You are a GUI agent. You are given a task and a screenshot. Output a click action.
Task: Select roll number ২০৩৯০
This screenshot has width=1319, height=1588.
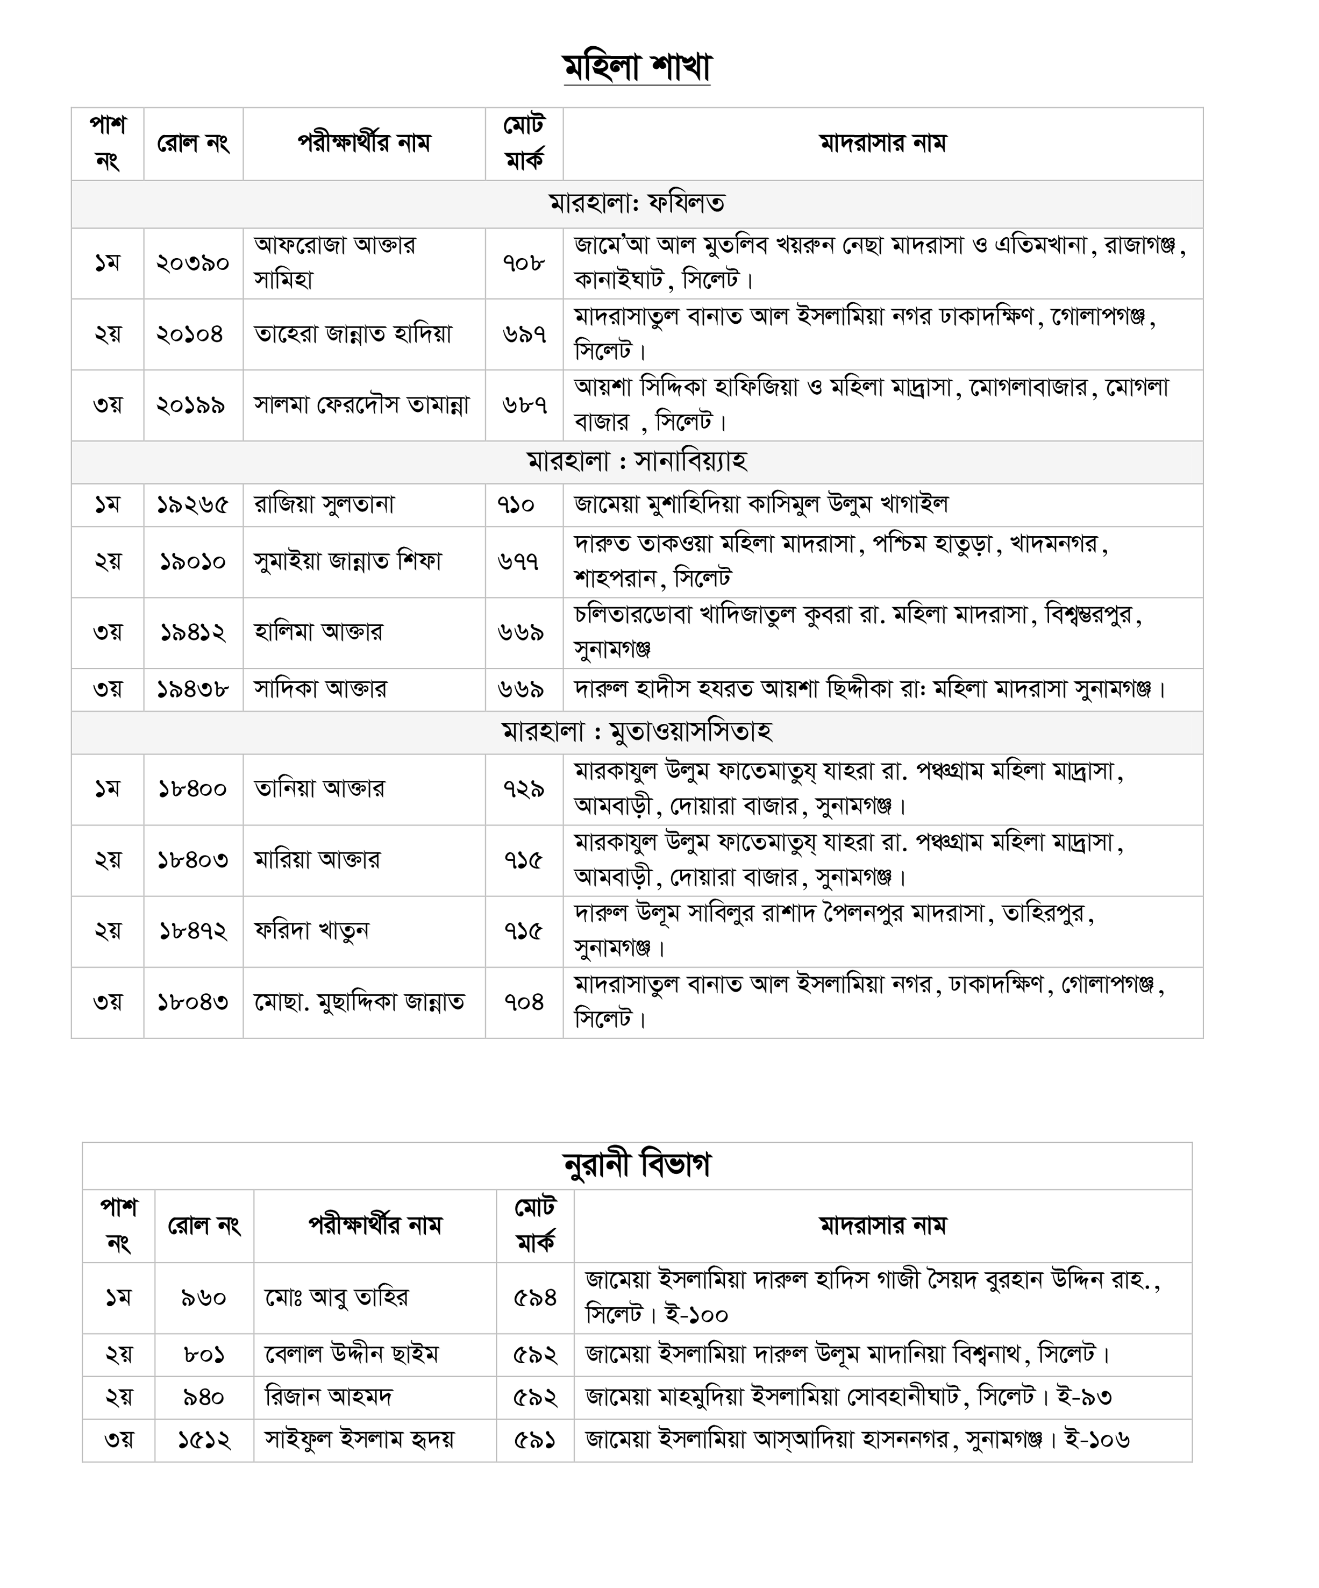click(x=193, y=263)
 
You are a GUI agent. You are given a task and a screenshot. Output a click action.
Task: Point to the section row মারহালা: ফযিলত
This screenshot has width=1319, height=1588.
click(x=637, y=203)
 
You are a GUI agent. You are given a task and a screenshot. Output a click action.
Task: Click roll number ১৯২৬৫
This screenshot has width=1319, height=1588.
click(x=193, y=504)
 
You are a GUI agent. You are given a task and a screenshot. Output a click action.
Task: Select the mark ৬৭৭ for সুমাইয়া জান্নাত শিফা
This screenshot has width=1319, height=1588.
click(x=519, y=561)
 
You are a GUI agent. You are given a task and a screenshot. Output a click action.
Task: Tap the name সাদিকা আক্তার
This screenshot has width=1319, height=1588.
click(x=320, y=689)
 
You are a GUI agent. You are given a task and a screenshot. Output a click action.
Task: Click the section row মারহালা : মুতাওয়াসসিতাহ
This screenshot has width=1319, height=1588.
click(x=637, y=732)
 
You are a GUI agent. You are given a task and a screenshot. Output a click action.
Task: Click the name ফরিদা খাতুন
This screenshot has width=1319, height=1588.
click(x=311, y=931)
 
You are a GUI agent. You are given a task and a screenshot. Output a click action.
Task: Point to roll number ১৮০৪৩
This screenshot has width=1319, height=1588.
click(x=193, y=1002)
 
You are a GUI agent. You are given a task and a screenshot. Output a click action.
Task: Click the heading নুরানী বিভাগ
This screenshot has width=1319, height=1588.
click(x=637, y=1165)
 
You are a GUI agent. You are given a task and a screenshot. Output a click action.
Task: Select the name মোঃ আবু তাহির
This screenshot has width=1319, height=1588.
click(x=337, y=1298)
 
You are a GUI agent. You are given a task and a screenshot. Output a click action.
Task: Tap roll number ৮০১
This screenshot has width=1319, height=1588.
click(x=204, y=1354)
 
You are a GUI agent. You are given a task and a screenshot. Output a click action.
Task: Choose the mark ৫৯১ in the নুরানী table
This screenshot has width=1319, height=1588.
click(x=534, y=1440)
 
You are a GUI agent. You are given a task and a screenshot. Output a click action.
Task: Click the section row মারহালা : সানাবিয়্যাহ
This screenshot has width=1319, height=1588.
click(x=637, y=461)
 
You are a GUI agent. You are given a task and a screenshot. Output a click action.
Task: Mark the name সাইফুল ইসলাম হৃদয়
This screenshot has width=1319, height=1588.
click(x=359, y=1440)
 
